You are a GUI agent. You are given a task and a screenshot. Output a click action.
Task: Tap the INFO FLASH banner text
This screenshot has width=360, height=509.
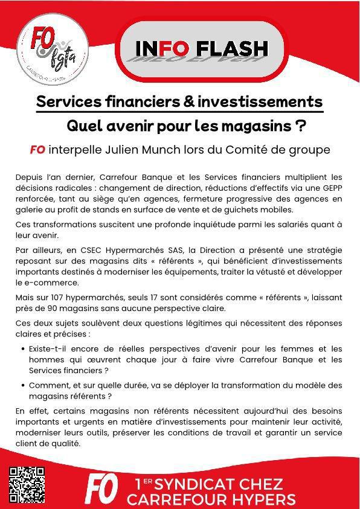tap(201, 48)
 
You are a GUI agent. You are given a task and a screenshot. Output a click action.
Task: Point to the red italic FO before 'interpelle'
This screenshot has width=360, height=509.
tap(37, 150)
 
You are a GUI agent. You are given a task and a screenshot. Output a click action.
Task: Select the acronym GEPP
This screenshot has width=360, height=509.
tap(332, 188)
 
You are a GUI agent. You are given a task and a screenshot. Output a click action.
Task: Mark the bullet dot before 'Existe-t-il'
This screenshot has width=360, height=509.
tap(22, 349)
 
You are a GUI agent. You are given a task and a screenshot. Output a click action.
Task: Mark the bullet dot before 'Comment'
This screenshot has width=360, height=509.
tap(22, 385)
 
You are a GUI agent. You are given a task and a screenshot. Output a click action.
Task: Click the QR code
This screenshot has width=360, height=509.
tap(28, 485)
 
